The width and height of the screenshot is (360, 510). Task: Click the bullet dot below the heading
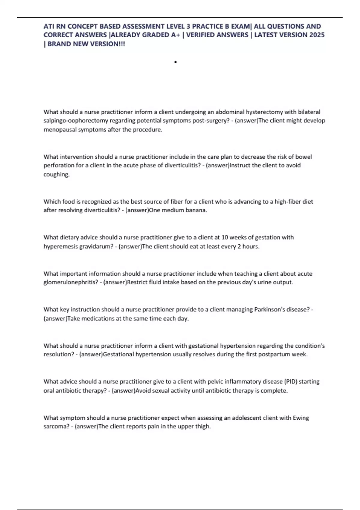175,62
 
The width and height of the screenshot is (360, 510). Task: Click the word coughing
56,174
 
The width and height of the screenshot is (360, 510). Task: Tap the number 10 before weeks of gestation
225,237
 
